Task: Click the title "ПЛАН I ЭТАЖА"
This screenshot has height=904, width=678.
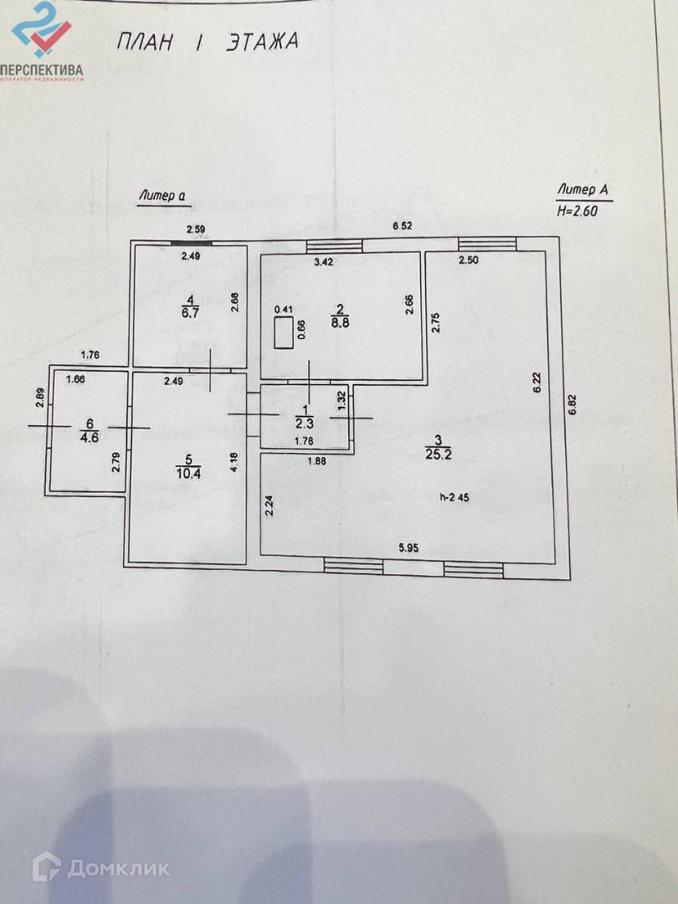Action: [x=206, y=41]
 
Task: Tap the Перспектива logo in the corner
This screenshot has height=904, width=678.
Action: [x=42, y=42]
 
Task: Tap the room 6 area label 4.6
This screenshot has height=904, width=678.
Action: [x=88, y=435]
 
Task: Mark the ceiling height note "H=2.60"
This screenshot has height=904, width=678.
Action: [x=578, y=212]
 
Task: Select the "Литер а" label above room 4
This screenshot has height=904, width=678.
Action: [x=162, y=196]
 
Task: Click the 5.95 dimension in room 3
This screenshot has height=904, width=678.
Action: [x=408, y=548]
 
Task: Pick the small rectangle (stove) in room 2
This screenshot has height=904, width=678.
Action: [x=284, y=332]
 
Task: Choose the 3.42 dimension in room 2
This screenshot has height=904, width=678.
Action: [x=324, y=261]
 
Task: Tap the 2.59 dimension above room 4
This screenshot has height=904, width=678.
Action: [x=196, y=229]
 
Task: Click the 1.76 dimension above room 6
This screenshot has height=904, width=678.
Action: [x=89, y=355]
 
